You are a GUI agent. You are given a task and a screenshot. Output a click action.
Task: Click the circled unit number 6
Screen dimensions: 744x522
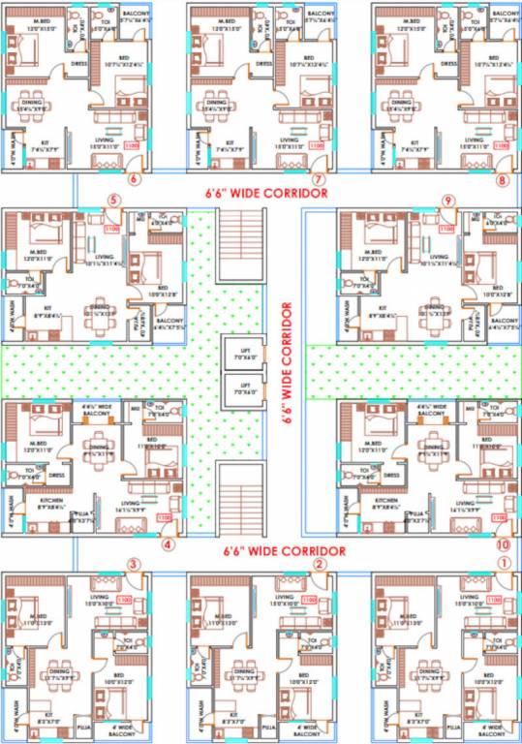134,179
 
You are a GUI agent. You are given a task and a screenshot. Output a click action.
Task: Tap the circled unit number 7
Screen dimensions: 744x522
317,179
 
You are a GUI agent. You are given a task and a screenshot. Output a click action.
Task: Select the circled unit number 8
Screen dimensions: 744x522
501,179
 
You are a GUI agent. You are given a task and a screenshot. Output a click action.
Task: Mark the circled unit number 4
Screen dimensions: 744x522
168,544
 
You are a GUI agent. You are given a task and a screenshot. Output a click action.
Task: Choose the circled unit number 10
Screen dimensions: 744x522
502,545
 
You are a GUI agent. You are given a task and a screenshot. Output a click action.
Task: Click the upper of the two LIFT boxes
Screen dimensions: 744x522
235,351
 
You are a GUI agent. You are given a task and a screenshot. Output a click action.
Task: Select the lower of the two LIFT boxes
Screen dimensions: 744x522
235,389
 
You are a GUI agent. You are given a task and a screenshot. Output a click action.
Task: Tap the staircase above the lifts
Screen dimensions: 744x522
236,251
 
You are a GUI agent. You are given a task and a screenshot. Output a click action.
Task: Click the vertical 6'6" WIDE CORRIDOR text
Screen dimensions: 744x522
287,365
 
